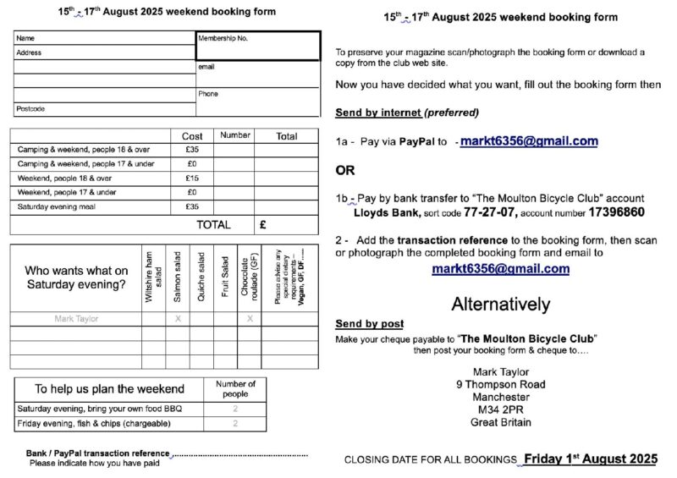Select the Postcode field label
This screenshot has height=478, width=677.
[30, 109]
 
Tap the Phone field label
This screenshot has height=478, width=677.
[208, 94]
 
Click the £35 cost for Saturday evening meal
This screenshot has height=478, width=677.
[192, 206]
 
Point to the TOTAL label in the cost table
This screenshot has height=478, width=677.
[213, 225]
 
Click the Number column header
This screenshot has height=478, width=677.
[235, 135]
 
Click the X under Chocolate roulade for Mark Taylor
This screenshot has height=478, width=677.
[250, 319]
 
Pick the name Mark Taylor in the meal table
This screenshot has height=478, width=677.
[76, 319]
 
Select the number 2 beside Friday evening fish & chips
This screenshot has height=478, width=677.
[235, 423]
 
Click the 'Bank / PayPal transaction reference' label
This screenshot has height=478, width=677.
[97, 453]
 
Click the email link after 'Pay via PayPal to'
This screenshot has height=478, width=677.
[529, 141]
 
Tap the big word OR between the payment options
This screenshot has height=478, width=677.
[345, 170]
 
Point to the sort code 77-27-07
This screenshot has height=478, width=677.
[461, 212]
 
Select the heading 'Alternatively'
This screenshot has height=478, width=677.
[500, 304]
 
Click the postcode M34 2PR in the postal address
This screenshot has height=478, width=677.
[501, 409]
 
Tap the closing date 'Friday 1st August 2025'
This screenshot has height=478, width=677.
[590, 459]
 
